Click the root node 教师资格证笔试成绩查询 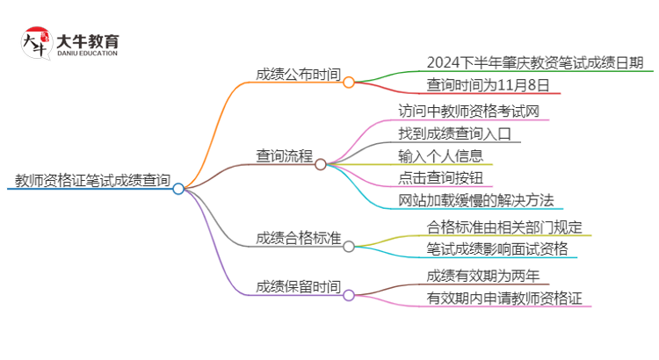(92, 181)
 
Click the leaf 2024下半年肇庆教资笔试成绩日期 (534, 62)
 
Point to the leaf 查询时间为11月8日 (489, 85)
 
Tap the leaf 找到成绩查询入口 (460, 134)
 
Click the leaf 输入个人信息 (441, 157)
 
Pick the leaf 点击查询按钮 (441, 180)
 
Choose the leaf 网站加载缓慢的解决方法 (475, 201)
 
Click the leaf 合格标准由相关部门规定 (503, 227)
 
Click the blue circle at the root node (178, 189)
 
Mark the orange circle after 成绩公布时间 (349, 83)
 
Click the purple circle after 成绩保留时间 (349, 296)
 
